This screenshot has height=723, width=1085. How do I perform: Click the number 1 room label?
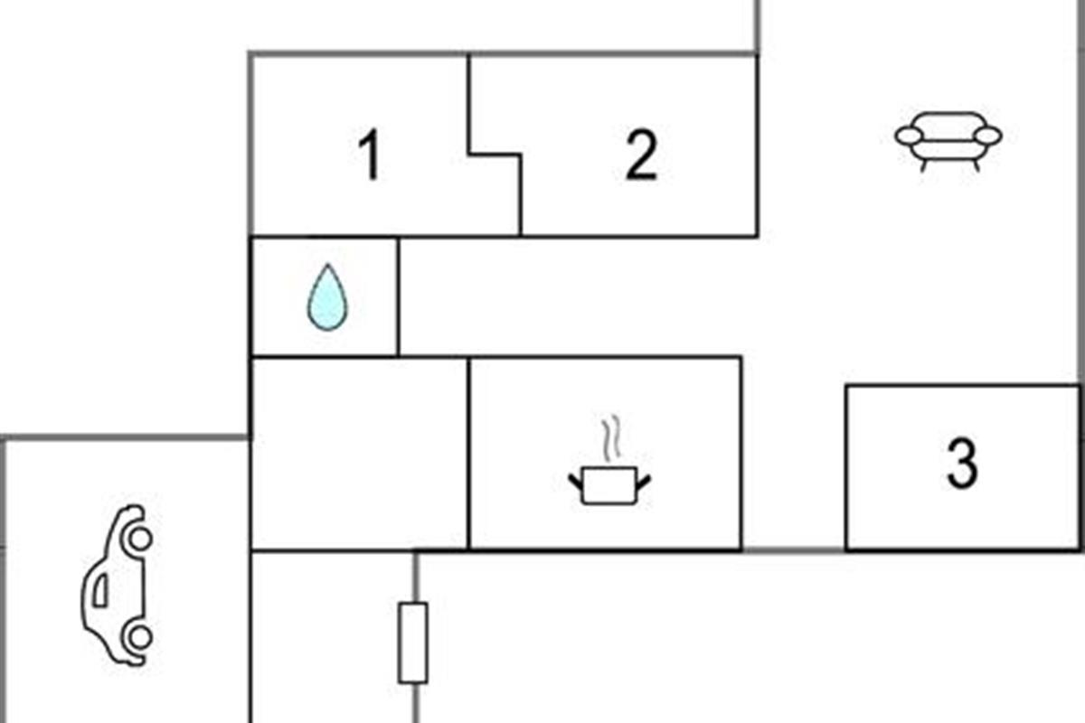(371, 155)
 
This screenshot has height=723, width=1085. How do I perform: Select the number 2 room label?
(641, 155)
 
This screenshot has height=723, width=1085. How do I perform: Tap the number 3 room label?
(962, 463)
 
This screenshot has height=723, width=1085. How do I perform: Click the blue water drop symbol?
(327, 297)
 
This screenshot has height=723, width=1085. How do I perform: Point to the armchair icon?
(948, 141)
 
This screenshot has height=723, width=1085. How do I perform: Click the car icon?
(117, 585)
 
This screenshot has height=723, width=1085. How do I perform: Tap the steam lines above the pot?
(611, 437)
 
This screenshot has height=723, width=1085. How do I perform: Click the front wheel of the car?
(139, 539)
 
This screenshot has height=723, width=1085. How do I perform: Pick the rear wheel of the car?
(138, 637)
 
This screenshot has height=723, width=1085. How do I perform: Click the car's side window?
(100, 590)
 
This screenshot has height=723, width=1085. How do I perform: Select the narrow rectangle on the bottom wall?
(413, 643)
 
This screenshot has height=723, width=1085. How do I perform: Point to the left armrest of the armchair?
(910, 136)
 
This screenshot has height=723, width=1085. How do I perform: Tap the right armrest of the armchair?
(987, 136)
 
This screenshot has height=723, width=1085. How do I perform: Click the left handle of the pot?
(575, 482)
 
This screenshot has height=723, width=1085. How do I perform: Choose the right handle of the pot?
(644, 482)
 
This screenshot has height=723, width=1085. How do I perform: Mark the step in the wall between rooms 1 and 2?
(495, 155)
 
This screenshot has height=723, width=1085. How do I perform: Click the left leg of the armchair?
(924, 165)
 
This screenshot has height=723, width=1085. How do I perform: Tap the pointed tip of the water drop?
(328, 265)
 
